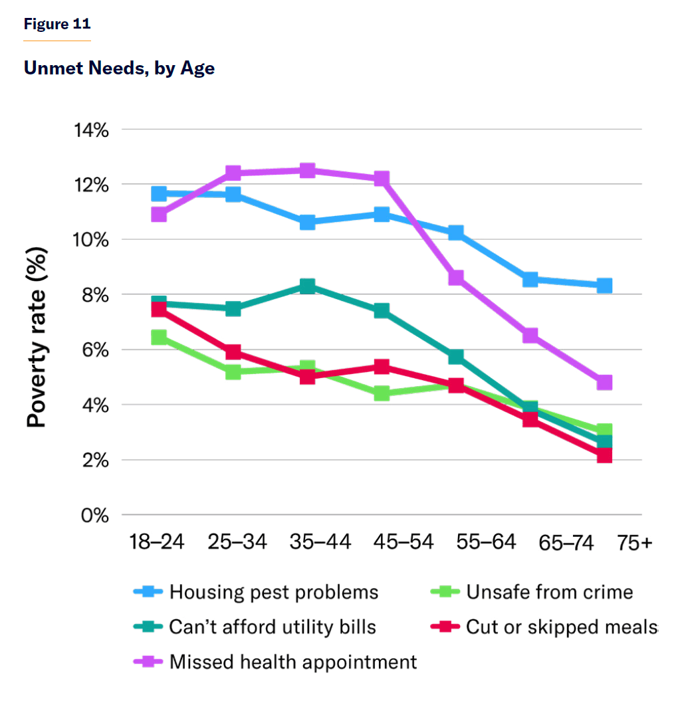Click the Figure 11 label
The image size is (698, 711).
coord(57,25)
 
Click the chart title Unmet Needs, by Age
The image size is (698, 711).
coord(119,68)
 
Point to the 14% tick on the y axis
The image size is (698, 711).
coord(90,130)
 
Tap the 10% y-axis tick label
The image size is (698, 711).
coord(90,240)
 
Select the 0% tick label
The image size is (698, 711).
coord(95,516)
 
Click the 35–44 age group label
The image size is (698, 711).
coord(320,543)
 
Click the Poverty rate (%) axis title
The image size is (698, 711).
coord(37,338)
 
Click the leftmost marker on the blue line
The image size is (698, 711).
coord(159,194)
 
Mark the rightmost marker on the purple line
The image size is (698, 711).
coord(604,383)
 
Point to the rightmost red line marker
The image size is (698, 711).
coord(604,455)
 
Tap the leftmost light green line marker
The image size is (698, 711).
coord(159,338)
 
